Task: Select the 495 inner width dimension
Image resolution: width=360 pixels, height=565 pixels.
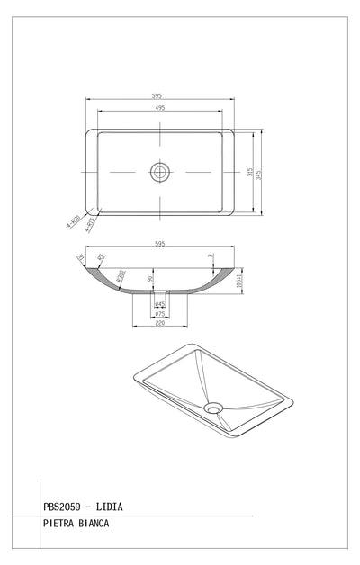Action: pyautogui.click(x=160, y=107)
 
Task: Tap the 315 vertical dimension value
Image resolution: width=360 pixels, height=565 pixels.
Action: pyautogui.click(x=249, y=172)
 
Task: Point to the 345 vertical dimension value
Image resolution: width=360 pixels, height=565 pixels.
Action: pyautogui.click(x=259, y=172)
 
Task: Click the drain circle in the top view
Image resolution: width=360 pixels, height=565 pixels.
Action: pyautogui.click(x=160, y=171)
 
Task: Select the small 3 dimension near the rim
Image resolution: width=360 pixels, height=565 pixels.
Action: pyautogui.click(x=211, y=257)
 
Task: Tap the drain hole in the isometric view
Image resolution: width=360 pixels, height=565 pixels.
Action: pyautogui.click(x=213, y=408)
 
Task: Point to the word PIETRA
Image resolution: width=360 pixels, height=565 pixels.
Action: pyautogui.click(x=58, y=522)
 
